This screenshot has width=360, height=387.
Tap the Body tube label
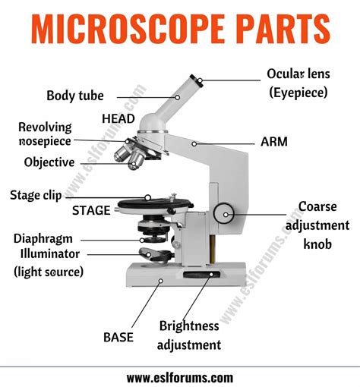[x=74, y=96]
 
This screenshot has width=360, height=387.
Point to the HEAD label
[x=118, y=118]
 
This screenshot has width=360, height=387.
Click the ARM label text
[x=273, y=142]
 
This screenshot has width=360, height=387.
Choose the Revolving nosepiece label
[x=45, y=134]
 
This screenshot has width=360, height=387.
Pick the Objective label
[x=49, y=162]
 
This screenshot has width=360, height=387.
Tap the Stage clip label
[x=36, y=195]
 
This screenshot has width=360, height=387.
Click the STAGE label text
[x=91, y=210]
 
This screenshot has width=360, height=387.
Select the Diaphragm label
[x=43, y=238]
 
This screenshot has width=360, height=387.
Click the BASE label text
[x=118, y=335]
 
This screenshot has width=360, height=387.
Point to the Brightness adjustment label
[x=189, y=335]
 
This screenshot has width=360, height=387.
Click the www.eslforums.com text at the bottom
[x=180, y=377]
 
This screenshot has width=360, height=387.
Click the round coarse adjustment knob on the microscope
[x=223, y=215]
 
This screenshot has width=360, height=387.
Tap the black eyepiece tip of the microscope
[x=196, y=80]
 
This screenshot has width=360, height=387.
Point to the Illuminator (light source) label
[x=48, y=262]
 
